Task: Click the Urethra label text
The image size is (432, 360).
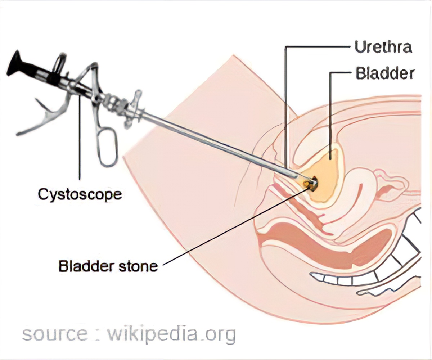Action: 382,47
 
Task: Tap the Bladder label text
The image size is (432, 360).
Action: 384,73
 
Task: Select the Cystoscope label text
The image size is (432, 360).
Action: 80,195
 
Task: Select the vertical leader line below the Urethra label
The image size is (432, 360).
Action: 285,108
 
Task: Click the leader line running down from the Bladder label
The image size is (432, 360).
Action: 330,115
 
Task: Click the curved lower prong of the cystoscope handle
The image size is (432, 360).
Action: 40,122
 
